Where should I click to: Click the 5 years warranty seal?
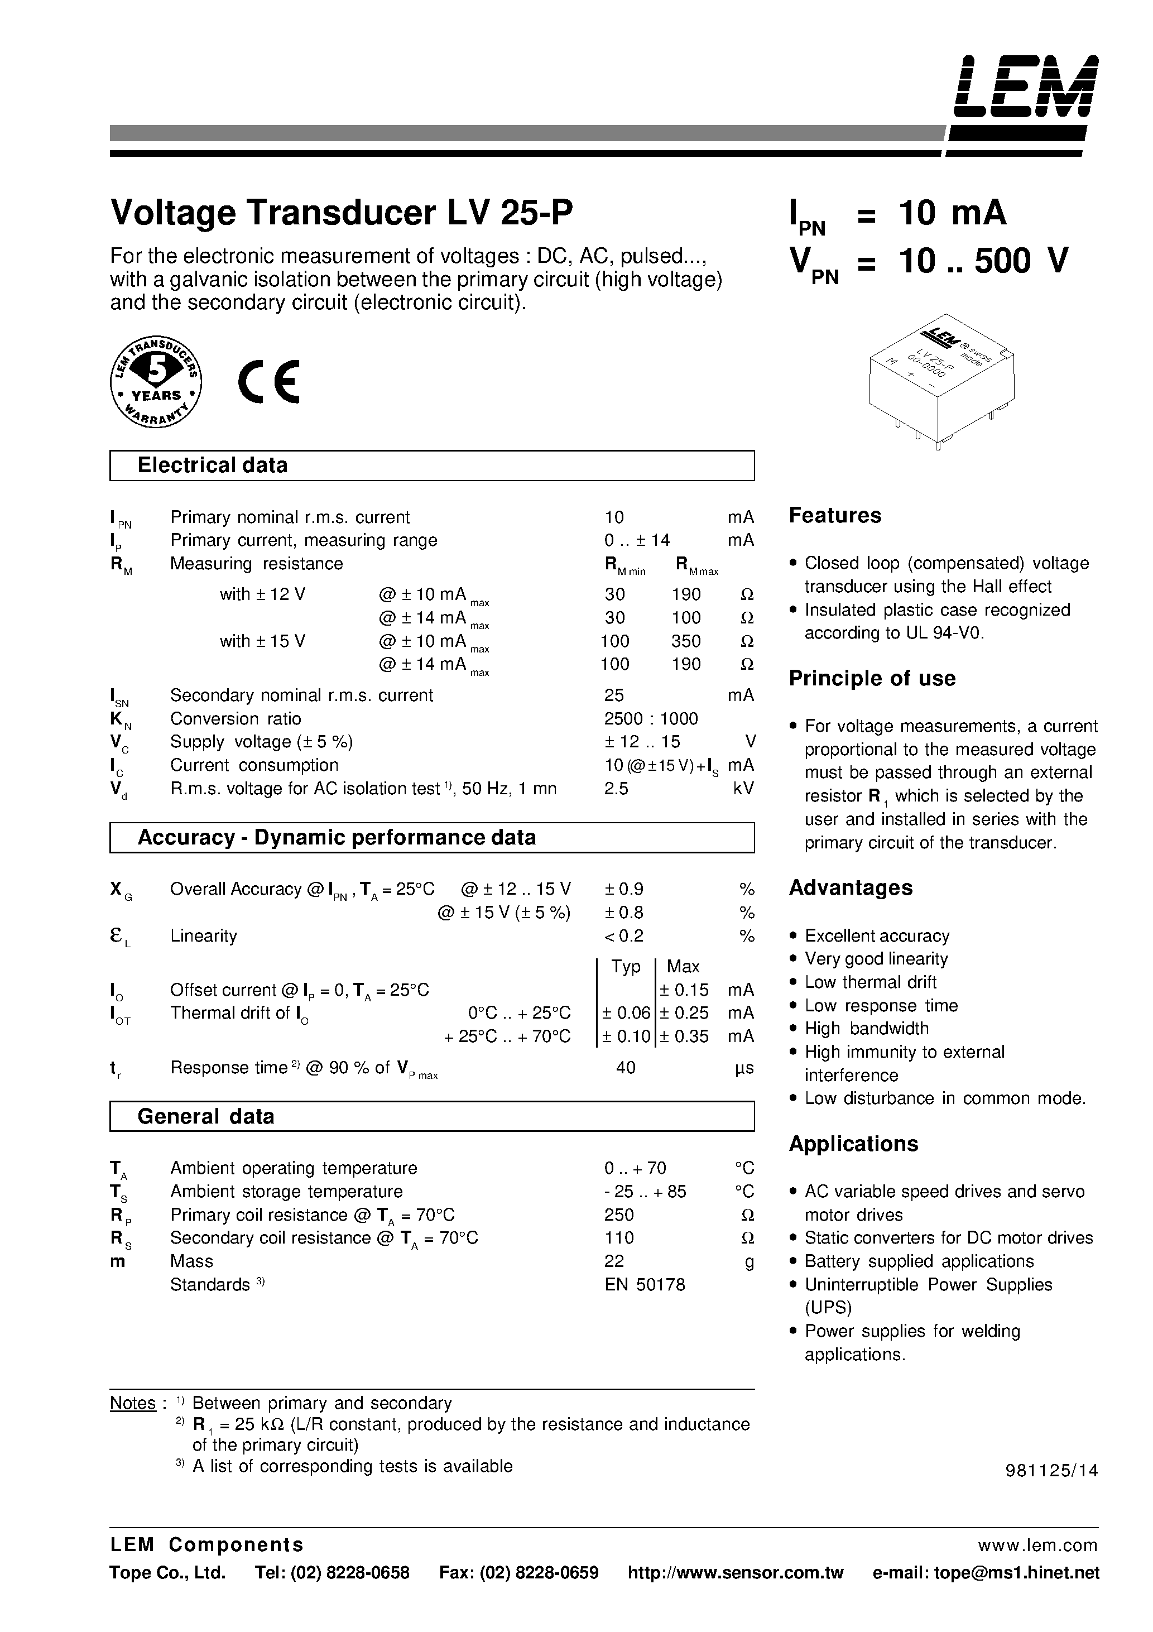coord(156,382)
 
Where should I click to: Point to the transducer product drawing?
coord(940,382)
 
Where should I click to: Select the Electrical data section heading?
coord(213,465)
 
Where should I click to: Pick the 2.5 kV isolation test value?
coord(616,788)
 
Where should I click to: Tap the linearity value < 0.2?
coord(623,936)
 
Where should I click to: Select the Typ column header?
coord(626,967)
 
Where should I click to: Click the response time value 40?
coord(626,1068)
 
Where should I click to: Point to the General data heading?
coord(205,1117)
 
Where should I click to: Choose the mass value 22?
coord(614,1261)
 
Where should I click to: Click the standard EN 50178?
coord(644,1284)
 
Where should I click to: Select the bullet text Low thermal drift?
coord(870,982)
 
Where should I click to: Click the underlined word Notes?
coord(133,1403)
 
